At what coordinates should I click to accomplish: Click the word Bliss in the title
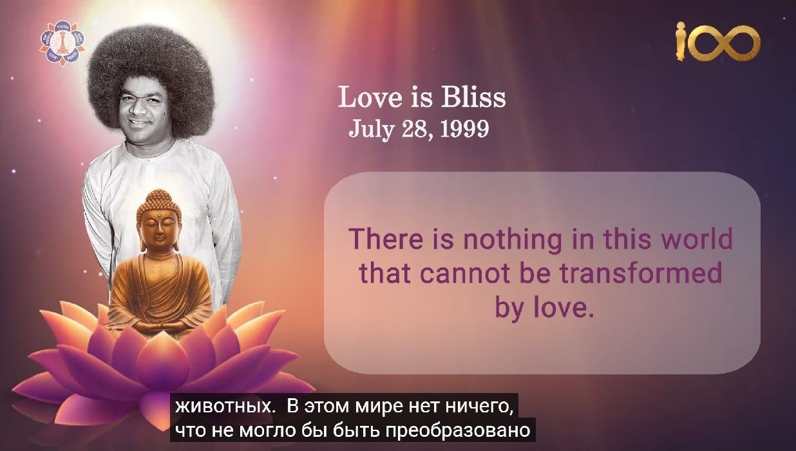pyautogui.click(x=473, y=97)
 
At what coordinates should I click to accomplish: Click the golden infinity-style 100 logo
pyautogui.click(x=717, y=43)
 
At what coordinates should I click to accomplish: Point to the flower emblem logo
pyautogui.click(x=62, y=43)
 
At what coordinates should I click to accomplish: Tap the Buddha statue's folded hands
pyautogui.click(x=159, y=326)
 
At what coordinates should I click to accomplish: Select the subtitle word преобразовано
pyautogui.click(x=458, y=431)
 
